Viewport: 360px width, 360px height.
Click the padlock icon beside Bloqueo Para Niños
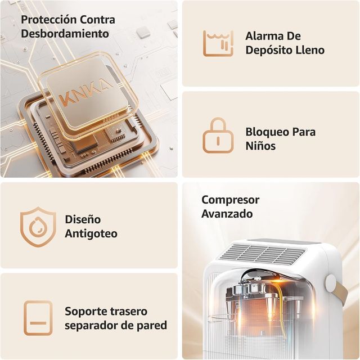tap(218, 136)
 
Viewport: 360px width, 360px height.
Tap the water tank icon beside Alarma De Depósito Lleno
tap(218, 43)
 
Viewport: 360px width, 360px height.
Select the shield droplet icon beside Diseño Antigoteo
tap(38, 226)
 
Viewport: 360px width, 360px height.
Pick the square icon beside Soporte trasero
tap(38, 318)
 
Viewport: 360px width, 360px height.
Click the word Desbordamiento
tap(65, 33)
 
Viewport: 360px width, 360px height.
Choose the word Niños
tap(260, 146)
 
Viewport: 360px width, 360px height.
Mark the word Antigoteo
tap(91, 233)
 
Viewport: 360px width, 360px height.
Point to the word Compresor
tap(230, 200)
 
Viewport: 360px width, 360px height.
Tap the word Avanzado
tap(227, 214)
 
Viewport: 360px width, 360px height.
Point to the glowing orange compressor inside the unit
tap(270, 312)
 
